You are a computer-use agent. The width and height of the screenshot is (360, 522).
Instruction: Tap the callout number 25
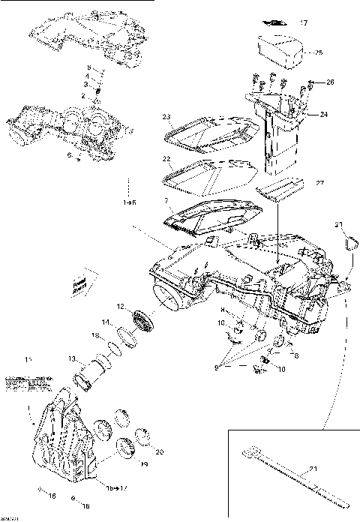click(318, 52)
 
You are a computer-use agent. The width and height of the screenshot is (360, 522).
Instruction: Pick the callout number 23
click(167, 116)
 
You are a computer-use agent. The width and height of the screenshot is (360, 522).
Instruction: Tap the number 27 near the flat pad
click(319, 183)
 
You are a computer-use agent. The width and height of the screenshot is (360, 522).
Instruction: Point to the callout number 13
click(72, 358)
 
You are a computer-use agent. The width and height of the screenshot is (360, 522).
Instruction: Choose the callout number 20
click(158, 451)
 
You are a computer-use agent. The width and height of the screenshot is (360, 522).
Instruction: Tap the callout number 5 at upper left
click(87, 68)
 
